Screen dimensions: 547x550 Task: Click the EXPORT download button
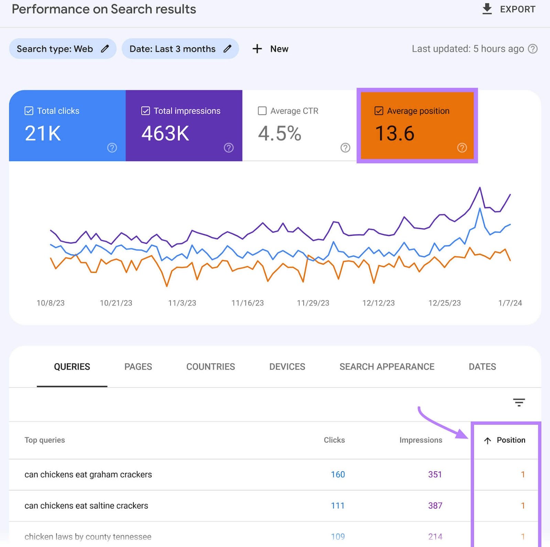pyautogui.click(x=509, y=9)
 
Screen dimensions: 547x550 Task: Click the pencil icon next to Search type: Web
pyautogui.click(x=105, y=49)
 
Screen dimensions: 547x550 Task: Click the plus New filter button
pyautogui.click(x=270, y=49)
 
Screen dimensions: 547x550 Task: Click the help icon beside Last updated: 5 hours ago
pyautogui.click(x=532, y=49)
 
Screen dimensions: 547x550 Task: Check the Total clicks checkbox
pyautogui.click(x=29, y=111)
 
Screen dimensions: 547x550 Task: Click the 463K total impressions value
pyautogui.click(x=165, y=133)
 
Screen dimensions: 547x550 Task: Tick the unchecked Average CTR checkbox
pyautogui.click(x=262, y=111)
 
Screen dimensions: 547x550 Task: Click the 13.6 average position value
pyautogui.click(x=395, y=133)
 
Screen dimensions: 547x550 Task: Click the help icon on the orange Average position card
pyautogui.click(x=462, y=148)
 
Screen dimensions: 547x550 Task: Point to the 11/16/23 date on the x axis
pyautogui.click(x=247, y=303)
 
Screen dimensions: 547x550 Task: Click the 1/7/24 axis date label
pyautogui.click(x=510, y=303)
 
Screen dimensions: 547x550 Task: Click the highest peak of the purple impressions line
pyautogui.click(x=480, y=188)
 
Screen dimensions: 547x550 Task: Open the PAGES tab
pyautogui.click(x=138, y=367)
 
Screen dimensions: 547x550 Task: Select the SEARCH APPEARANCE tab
pyautogui.click(x=387, y=367)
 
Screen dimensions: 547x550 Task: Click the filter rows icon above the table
pyautogui.click(x=519, y=402)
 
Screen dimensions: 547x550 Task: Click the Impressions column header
pyautogui.click(x=420, y=440)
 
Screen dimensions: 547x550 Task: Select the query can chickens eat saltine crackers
pyautogui.click(x=86, y=505)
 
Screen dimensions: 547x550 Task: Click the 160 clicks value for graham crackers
pyautogui.click(x=338, y=475)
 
